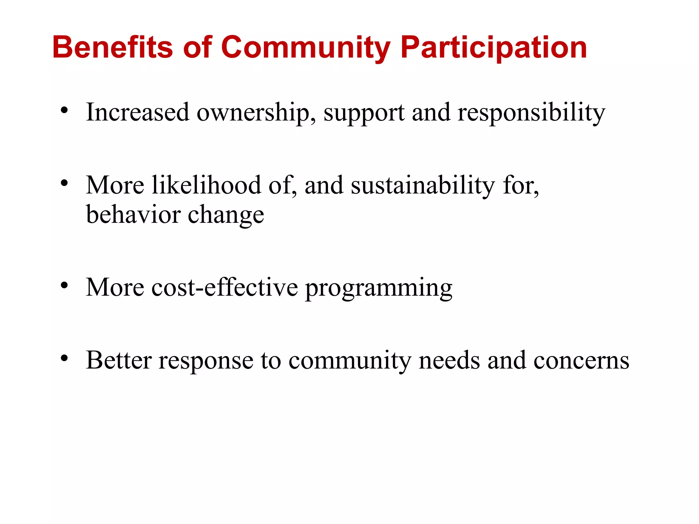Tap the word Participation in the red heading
tap(494, 48)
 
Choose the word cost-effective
tap(225, 287)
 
